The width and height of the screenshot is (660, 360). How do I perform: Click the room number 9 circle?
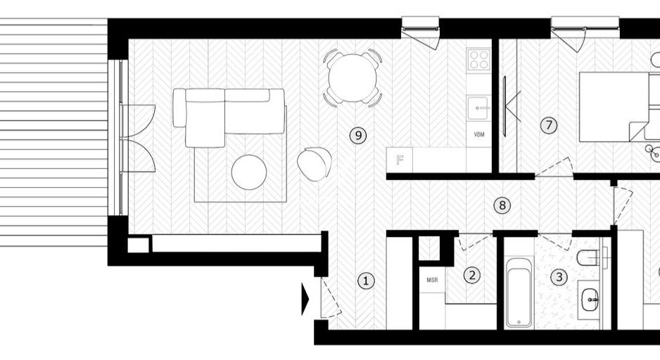click(x=358, y=135)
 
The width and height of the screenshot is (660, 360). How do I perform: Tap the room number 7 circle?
click(x=550, y=125)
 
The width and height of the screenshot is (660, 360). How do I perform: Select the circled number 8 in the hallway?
click(x=502, y=205)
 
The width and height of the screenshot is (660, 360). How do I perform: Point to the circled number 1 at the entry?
click(x=365, y=281)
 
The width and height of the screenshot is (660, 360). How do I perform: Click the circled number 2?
click(x=472, y=276)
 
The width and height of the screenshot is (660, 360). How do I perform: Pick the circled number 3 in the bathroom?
click(x=559, y=277)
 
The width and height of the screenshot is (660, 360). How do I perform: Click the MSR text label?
click(x=432, y=280)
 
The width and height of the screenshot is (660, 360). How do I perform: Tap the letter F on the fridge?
click(x=400, y=160)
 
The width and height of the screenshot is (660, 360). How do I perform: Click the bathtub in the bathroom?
click(x=519, y=293)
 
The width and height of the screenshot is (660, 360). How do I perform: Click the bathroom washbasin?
click(x=591, y=300)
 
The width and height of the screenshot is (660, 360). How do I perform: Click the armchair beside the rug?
click(x=315, y=162)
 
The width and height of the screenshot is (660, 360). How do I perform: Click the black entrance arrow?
click(x=305, y=300)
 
